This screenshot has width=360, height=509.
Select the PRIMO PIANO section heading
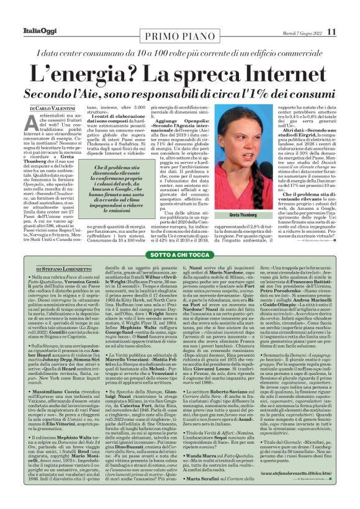[180, 32]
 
